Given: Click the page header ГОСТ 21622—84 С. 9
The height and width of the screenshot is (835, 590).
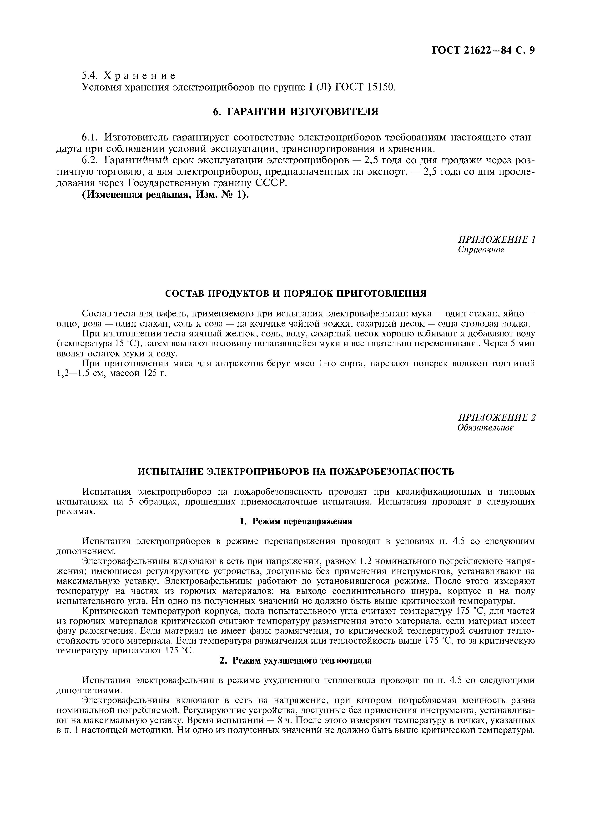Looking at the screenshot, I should pos(483,50).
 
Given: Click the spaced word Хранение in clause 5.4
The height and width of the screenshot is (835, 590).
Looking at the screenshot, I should pos(140,76).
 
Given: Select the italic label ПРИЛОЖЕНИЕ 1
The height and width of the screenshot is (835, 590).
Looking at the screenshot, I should pos(497,239).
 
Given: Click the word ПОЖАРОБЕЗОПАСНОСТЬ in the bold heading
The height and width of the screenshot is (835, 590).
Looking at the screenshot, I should pos(392,472).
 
